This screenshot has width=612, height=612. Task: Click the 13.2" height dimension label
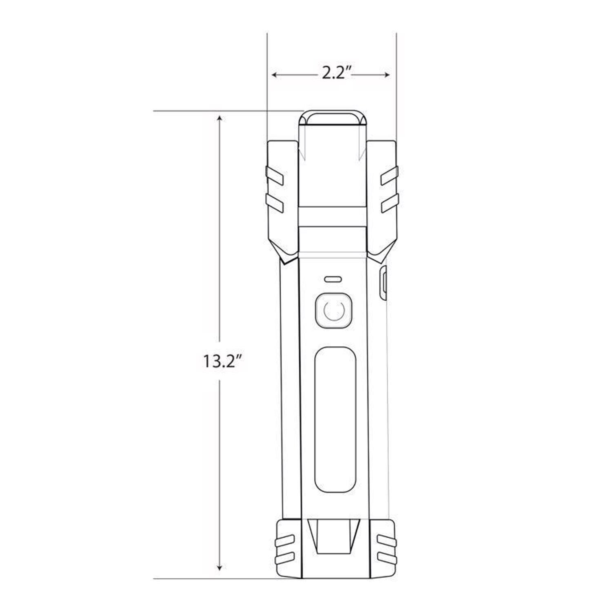coord(221,361)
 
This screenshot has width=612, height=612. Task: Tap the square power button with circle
coord(334,310)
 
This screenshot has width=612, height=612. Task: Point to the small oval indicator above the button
coord(333,279)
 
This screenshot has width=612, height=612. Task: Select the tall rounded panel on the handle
coord(335,419)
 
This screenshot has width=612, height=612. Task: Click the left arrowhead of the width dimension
coord(275,75)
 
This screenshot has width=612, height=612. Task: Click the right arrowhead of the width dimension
coord(387,75)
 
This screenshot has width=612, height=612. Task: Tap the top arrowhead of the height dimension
coord(220,119)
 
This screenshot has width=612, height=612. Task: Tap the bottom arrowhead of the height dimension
coord(220,567)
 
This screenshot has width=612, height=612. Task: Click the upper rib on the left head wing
coord(275,176)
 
